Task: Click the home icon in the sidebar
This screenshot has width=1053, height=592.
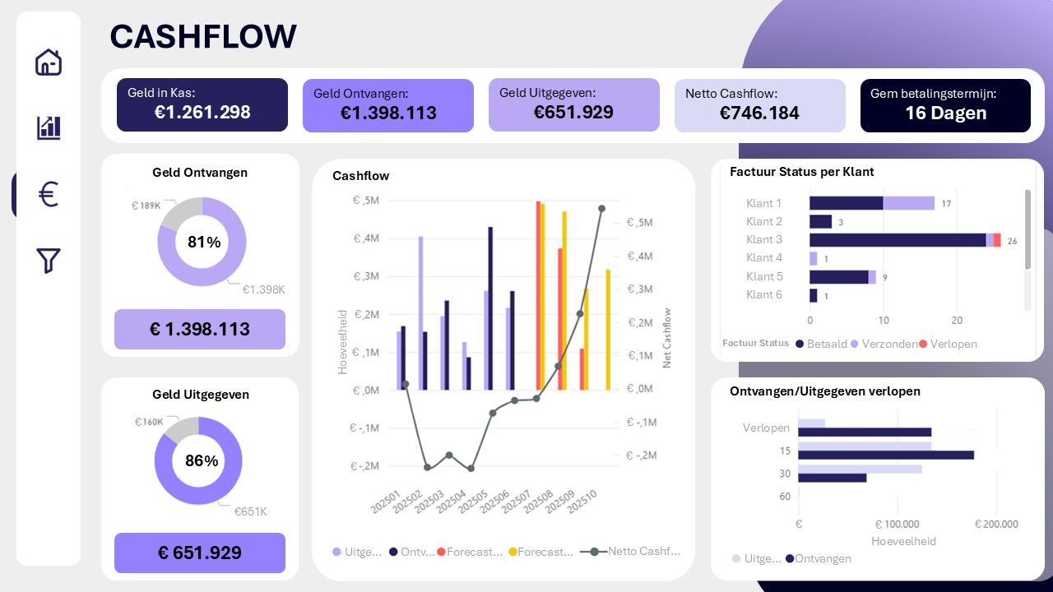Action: coord(49,62)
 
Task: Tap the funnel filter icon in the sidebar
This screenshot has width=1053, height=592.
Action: coord(49,260)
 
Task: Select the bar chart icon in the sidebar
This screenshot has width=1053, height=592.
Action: coord(49,127)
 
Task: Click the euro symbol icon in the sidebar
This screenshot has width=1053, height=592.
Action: coord(49,195)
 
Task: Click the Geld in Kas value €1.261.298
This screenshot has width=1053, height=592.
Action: coord(202,113)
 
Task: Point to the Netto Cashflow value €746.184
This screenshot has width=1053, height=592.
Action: coord(759,113)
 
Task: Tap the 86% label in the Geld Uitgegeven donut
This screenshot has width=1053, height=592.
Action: coord(202,461)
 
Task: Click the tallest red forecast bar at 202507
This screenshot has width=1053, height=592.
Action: coord(538,296)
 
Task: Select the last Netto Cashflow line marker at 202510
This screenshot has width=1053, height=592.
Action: coord(601,209)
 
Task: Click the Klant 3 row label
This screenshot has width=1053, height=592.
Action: coord(763,240)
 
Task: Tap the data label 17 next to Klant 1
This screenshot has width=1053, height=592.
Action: coord(947,204)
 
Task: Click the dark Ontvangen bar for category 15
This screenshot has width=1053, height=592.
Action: coord(885,455)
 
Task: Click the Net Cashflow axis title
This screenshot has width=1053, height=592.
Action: coord(667,338)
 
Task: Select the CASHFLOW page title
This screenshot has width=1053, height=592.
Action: coord(203,37)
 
